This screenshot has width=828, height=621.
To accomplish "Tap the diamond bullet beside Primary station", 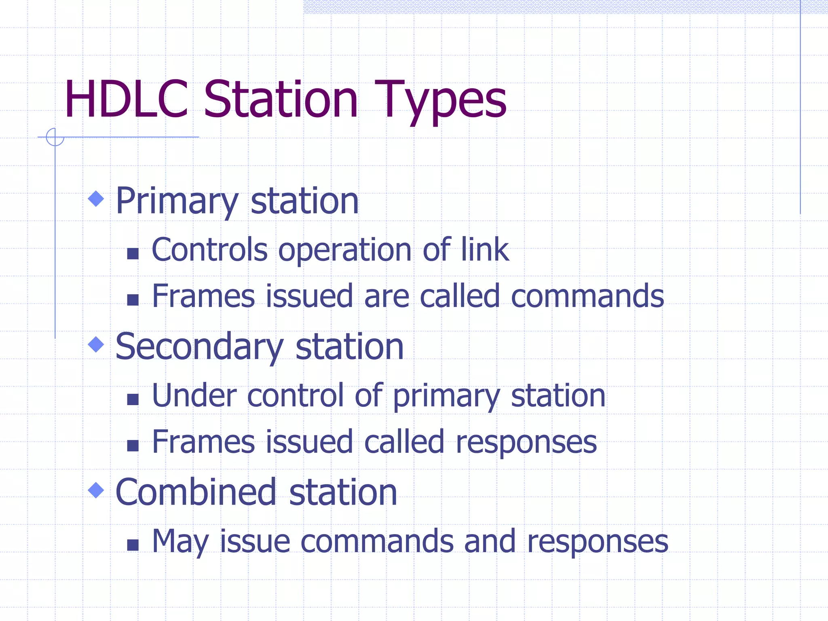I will point(96,199).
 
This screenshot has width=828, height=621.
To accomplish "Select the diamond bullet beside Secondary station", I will point(96,344).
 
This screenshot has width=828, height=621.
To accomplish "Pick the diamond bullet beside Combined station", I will point(96,490).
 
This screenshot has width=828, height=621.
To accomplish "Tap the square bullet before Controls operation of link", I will point(133,253).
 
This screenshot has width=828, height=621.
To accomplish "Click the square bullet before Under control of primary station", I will point(133,399).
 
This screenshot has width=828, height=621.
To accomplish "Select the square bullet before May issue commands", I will point(133,545).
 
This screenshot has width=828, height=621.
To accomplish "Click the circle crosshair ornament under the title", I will point(55,137).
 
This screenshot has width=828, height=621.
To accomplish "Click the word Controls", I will point(209,249).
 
